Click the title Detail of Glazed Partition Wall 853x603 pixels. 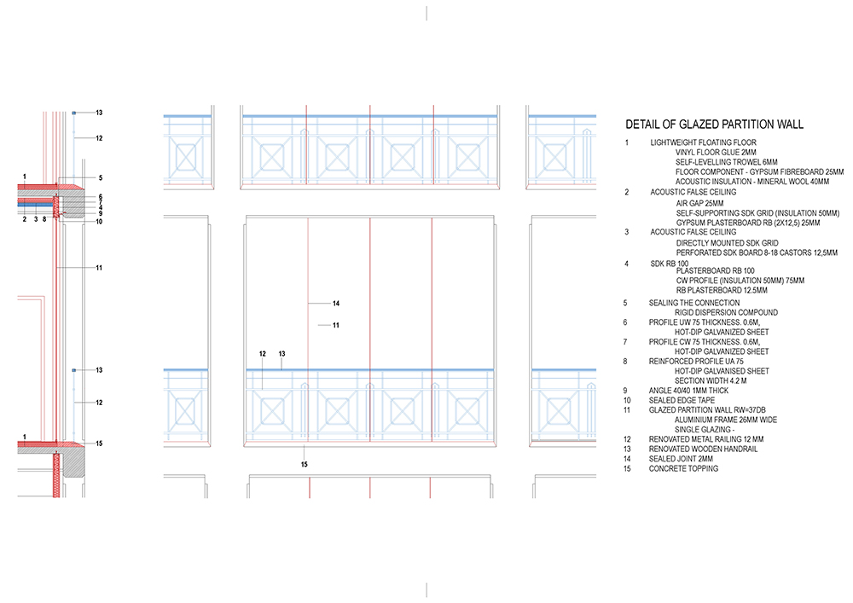click(714, 125)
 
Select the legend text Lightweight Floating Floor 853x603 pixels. click(703, 142)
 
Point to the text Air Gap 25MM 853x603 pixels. click(699, 203)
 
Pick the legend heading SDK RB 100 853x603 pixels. click(669, 264)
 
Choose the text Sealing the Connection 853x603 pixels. click(694, 303)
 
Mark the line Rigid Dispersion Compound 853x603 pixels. click(726, 313)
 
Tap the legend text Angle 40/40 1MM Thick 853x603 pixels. click(688, 391)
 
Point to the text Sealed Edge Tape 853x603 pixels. click(682, 401)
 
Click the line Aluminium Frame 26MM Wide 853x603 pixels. click(726, 420)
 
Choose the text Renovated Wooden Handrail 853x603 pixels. click(703, 449)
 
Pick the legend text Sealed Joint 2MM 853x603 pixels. click(681, 459)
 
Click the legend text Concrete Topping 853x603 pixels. click(683, 469)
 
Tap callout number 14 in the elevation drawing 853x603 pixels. click(336, 304)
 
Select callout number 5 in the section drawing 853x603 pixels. click(101, 177)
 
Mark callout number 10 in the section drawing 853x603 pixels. click(99, 221)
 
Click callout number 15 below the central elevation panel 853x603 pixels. click(305, 464)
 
